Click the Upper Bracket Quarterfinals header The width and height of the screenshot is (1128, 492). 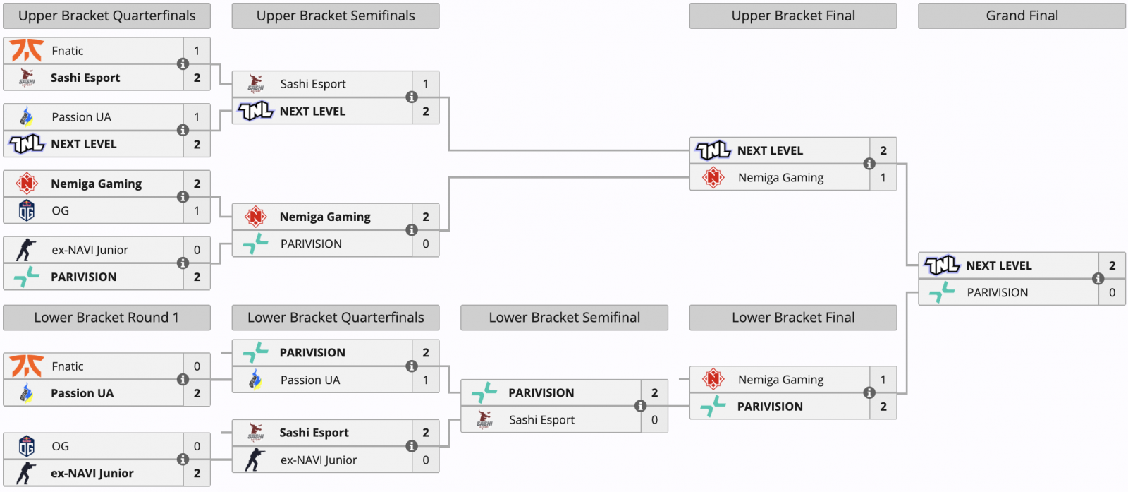pos(106,16)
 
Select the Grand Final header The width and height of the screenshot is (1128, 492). pos(1022,16)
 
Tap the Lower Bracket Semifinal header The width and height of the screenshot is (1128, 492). pos(564,318)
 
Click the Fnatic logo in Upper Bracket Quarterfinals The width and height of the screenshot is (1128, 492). pos(27,50)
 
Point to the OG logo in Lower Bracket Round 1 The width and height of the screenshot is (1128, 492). pos(27,446)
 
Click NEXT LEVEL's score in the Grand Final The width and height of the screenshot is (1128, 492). pos(1112,265)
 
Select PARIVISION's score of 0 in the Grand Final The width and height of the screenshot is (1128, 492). pos(1112,292)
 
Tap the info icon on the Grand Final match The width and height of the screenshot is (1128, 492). pos(1098,279)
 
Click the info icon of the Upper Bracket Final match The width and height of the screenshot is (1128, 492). pos(869,164)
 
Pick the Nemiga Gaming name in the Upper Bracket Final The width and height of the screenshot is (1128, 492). pos(780,177)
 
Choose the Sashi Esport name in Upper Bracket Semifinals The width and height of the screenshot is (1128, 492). pos(313,84)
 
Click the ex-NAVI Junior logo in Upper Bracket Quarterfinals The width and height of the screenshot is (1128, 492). pos(26,250)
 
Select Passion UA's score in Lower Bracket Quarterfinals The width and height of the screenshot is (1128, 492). pos(426,380)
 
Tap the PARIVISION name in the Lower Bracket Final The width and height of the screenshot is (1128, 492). pos(770,407)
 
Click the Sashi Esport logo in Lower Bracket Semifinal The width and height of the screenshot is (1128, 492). pos(484,420)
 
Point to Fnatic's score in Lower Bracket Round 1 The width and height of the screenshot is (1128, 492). pos(197,366)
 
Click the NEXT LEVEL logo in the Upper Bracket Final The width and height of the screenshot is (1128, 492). pos(713,150)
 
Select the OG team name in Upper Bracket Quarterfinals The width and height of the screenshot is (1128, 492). pos(61,211)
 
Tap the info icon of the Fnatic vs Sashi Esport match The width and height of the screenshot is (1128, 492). pos(183,64)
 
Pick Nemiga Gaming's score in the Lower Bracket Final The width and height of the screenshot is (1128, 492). pos(883,379)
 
